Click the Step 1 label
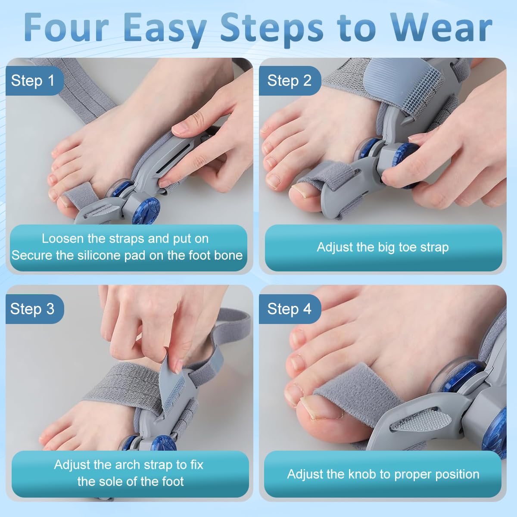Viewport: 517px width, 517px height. tap(33, 81)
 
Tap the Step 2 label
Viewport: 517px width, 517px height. tap(289, 81)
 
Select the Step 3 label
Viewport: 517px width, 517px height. tap(33, 308)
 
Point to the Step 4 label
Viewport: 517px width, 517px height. tap(289, 308)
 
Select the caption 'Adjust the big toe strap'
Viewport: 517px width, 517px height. tap(383, 247)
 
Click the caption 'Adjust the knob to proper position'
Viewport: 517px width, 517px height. tap(383, 474)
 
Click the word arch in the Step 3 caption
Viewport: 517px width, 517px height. tap(127, 464)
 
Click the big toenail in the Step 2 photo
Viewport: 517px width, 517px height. tap(299, 190)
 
